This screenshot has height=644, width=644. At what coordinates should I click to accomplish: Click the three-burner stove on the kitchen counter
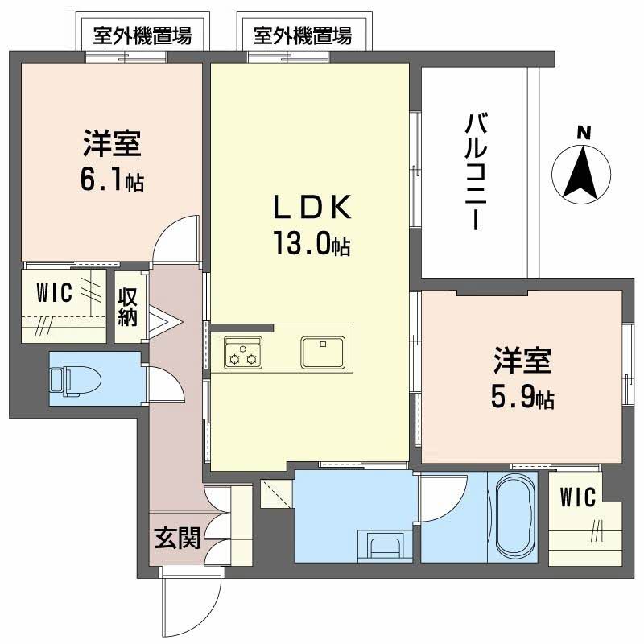[243, 352]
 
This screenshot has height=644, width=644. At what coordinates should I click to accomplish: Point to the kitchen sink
[323, 352]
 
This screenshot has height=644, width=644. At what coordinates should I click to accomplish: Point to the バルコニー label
[474, 172]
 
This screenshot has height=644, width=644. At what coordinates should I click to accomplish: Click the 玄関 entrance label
[176, 537]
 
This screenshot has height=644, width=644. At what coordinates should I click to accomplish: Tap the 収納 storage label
[128, 306]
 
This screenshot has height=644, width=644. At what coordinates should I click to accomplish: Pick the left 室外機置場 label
[142, 35]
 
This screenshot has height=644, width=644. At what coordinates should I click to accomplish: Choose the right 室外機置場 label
[302, 35]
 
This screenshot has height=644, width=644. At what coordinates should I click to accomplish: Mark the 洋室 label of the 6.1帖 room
[112, 145]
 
